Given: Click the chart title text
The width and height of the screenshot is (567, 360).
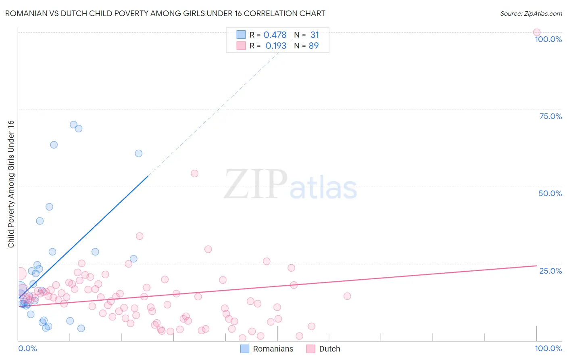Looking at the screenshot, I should click(165, 13).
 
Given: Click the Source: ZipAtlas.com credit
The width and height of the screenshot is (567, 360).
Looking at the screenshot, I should click(531, 13).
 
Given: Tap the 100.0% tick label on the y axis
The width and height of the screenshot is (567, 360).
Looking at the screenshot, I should click(548, 39).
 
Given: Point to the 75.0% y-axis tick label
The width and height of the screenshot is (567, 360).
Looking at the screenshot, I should click(550, 116).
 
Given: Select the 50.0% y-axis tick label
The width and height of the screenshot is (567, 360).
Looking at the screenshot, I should click(550, 193).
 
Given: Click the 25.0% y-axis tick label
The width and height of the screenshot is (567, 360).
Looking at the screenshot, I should click(550, 271).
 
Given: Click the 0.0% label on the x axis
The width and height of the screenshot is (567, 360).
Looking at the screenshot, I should click(27, 348).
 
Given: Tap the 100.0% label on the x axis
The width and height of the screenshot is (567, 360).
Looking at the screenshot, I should click(548, 348).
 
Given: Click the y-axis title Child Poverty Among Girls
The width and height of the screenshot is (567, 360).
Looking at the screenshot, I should click(11, 184).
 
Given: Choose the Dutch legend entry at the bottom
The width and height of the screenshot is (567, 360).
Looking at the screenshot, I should click(329, 349).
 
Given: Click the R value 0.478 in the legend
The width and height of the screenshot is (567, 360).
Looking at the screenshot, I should click(275, 35).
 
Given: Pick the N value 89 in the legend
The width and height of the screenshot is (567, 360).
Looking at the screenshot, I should click(313, 46).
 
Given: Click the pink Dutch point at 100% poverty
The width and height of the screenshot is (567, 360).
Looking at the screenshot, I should click(536, 32).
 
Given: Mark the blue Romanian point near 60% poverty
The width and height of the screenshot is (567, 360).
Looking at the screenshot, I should click(138, 153).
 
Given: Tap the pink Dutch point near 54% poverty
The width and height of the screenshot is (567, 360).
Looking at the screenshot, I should click(194, 174).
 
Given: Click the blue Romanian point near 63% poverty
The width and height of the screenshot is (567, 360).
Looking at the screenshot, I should click(54, 144).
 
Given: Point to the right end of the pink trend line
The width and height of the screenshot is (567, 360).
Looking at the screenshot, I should click(536, 266).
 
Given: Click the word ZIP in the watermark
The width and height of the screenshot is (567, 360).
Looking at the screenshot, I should click(255, 184).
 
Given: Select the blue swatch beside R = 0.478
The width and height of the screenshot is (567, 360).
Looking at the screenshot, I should click(241, 35).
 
